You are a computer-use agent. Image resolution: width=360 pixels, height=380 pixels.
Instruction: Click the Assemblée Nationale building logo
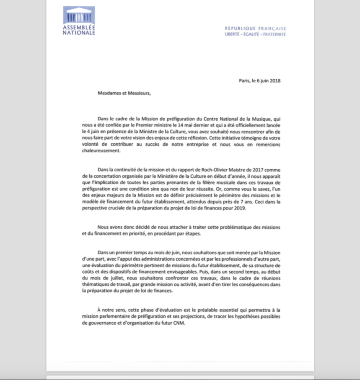pyautogui.click(x=79, y=15)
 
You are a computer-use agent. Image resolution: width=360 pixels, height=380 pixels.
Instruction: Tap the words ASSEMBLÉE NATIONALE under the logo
pyautogui.click(x=79, y=30)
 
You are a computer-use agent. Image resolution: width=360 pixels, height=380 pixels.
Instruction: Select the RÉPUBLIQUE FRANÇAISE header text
pyautogui.click(x=255, y=28)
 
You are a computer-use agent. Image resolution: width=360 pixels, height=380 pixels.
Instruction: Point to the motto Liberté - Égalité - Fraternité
pyautogui.click(x=255, y=34)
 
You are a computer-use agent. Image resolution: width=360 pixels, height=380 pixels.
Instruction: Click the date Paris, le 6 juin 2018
pyautogui.click(x=259, y=80)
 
